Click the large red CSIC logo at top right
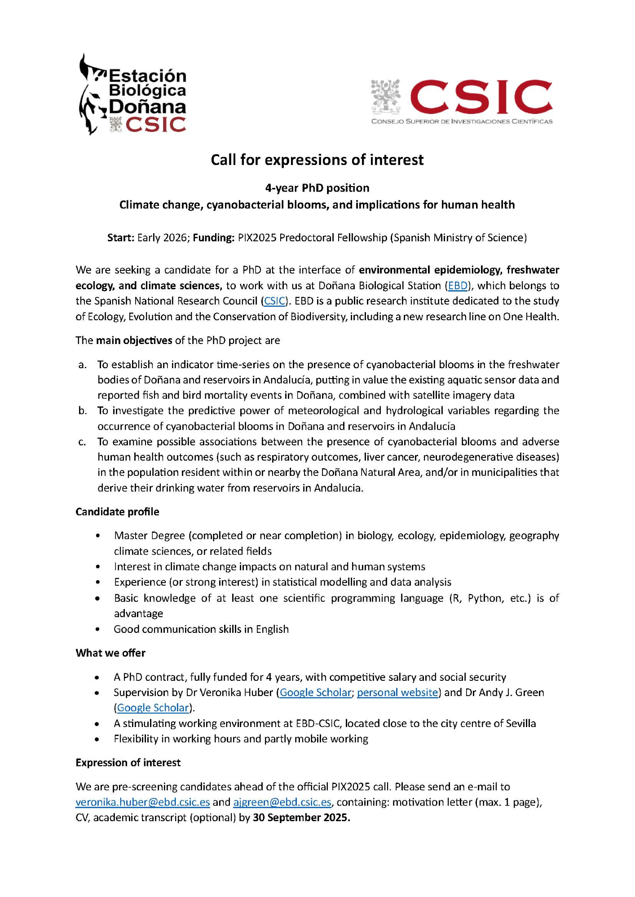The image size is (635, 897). point(462,101)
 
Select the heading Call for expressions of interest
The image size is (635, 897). point(317,160)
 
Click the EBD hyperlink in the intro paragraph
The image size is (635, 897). point(458,286)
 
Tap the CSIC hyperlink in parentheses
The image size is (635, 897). point(274,301)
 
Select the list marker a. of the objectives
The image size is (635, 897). point(82,365)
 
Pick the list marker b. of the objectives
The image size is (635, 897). point(82,411)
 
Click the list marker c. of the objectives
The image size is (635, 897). point(82,442)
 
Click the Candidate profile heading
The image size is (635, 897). point(117,512)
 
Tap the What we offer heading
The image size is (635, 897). point(110,653)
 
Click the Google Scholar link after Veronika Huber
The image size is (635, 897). point(315,692)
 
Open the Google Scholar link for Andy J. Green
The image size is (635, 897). point(153,708)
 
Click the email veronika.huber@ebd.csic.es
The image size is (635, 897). point(143,802)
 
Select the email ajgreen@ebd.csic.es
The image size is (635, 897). point(282,802)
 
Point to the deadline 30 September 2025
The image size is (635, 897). point(301,818)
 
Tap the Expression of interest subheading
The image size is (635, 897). point(128,763)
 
